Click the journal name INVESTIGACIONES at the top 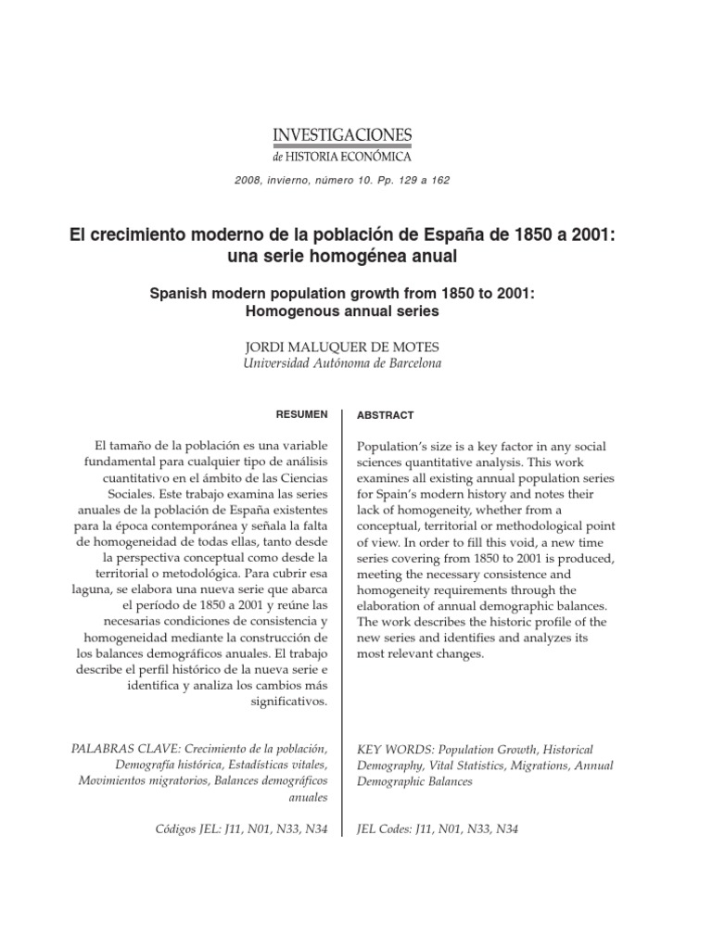(342, 135)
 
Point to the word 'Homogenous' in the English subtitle (287, 312)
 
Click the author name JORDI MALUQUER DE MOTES (341, 346)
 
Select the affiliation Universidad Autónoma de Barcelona (342, 363)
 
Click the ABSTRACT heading (386, 415)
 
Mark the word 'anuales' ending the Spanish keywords (308, 797)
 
